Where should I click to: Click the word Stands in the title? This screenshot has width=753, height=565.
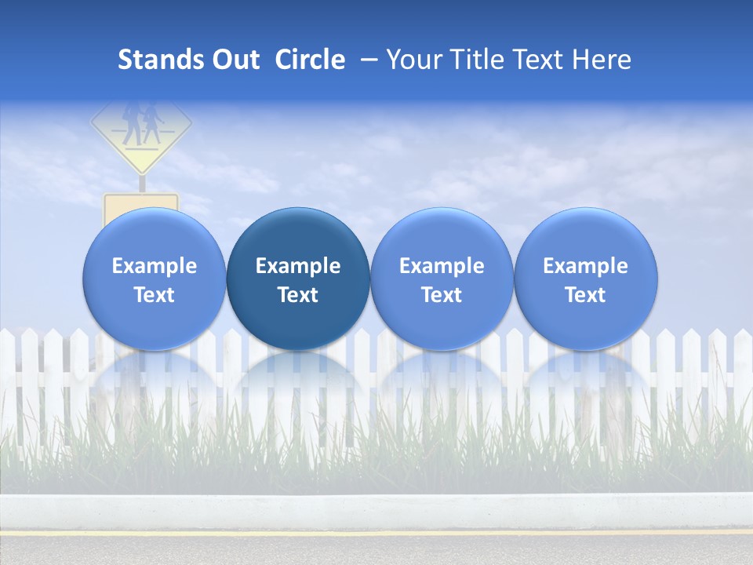tap(162, 60)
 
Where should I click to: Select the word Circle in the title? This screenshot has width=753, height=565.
tap(310, 60)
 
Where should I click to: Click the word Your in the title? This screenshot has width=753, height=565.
tap(414, 60)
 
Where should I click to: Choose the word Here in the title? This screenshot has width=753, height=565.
tap(602, 60)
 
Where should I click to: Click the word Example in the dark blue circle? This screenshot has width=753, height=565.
tap(298, 266)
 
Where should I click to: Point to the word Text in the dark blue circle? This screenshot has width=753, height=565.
tap(298, 295)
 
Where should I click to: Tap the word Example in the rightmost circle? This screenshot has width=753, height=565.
tap(586, 266)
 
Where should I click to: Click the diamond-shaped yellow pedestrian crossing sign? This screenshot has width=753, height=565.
tap(141, 129)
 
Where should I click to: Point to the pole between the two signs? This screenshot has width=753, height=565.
tap(142, 183)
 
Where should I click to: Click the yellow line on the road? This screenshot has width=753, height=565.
tap(376, 533)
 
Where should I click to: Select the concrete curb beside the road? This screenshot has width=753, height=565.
tap(376, 510)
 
